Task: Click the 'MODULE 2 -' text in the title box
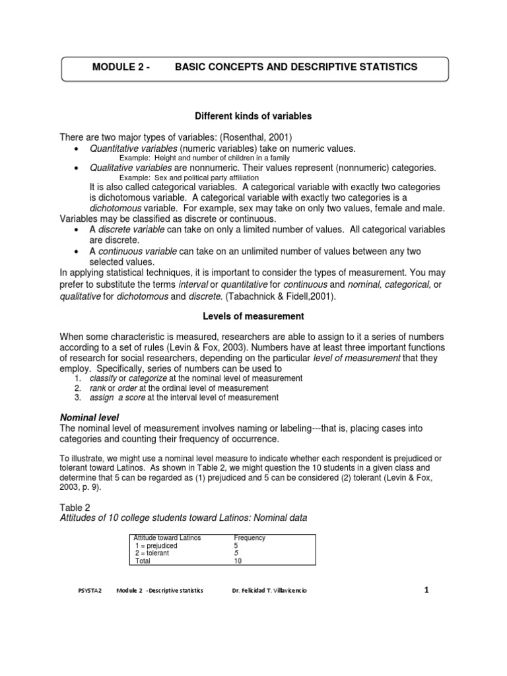pyautogui.click(x=121, y=67)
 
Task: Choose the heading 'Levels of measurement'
pyautogui.click(x=253, y=317)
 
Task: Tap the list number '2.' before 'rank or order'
pyautogui.click(x=77, y=388)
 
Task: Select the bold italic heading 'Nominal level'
pyautogui.click(x=89, y=418)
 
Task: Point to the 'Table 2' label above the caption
pyautogui.click(x=77, y=507)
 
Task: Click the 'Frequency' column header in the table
pyautogui.click(x=250, y=538)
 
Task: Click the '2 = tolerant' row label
pyautogui.click(x=152, y=553)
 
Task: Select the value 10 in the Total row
pyautogui.click(x=238, y=561)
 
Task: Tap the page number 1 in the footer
pyautogui.click(x=426, y=590)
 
